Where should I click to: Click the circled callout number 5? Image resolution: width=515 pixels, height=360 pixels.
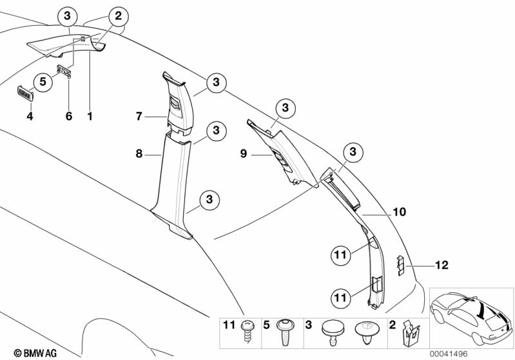click(43, 82)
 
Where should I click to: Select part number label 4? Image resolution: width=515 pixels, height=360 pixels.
click(29, 117)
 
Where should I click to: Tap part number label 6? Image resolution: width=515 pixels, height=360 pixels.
click(68, 117)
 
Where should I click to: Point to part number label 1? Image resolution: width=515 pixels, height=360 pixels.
click(90, 117)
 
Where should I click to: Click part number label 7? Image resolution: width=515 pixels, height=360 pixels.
click(139, 117)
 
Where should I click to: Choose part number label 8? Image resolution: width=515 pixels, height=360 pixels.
click(139, 155)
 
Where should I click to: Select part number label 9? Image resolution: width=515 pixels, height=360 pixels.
click(244, 154)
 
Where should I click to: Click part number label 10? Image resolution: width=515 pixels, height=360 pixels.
click(399, 211)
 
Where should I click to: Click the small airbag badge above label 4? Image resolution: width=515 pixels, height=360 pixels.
click(24, 93)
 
